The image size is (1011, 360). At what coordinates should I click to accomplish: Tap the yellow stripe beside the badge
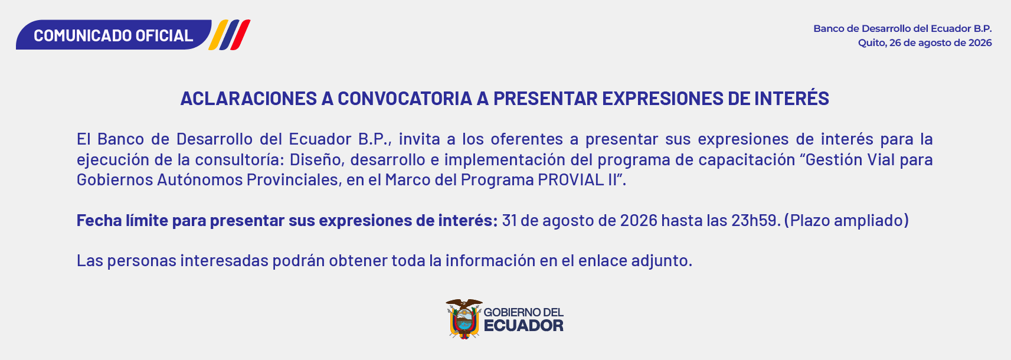click(218, 35)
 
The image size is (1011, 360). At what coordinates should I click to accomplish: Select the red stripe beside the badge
click(240, 35)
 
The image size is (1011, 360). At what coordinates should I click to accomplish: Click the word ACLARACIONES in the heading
click(248, 99)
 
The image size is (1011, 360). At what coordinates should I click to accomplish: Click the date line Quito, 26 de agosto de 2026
click(925, 43)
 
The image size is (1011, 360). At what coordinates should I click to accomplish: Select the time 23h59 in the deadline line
click(755, 220)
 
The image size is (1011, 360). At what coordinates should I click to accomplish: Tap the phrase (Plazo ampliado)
click(846, 220)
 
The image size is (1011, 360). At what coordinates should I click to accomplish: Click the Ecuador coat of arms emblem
click(464, 319)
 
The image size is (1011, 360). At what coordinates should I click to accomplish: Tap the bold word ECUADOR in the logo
click(524, 326)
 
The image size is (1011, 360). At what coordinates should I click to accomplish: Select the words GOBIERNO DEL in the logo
click(524, 312)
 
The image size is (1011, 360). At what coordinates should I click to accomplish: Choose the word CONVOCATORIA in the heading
click(405, 99)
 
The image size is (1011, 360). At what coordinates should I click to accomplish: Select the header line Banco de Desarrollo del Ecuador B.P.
click(902, 28)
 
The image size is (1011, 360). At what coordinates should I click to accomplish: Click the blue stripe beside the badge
click(229, 35)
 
